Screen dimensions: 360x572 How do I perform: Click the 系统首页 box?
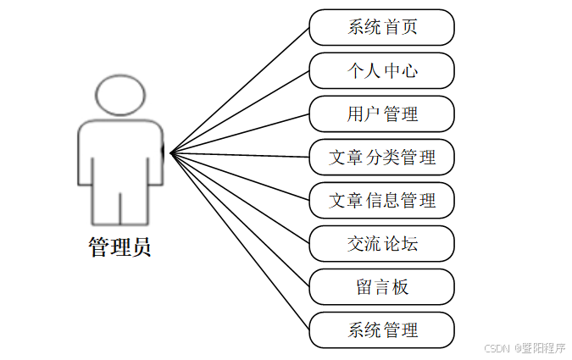[381, 27]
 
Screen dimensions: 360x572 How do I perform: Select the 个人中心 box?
[381, 70]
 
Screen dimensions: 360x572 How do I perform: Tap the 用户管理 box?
[381, 114]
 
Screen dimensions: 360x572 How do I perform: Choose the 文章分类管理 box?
[381, 158]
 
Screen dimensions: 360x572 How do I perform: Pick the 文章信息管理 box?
[381, 201]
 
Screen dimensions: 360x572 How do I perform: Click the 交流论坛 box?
[381, 244]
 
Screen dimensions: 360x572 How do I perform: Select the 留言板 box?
[381, 287]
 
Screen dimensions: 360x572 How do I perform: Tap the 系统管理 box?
[381, 330]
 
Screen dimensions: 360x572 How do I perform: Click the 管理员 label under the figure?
[119, 247]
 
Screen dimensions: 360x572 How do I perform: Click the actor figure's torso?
[119, 152]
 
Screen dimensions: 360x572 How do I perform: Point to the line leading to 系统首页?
[240, 90]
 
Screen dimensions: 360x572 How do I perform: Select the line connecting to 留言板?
[240, 220]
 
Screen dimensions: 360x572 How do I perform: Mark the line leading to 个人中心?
[240, 111]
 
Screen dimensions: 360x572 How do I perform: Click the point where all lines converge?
[171, 153]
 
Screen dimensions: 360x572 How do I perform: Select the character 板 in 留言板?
[401, 287]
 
